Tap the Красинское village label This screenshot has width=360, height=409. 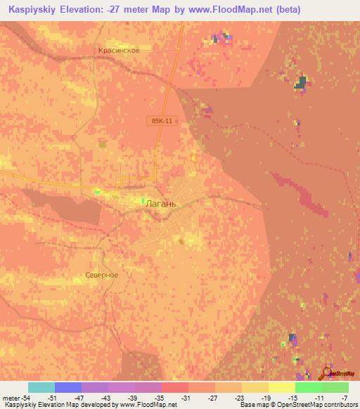(x=124, y=51)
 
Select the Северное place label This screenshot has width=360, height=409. (x=101, y=275)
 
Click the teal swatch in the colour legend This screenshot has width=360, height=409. (x=41, y=387)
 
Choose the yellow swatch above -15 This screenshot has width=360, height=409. (x=282, y=387)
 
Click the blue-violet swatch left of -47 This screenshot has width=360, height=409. (x=68, y=387)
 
